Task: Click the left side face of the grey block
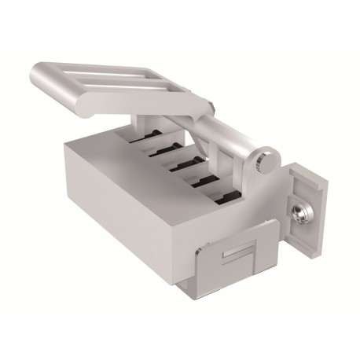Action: click(x=118, y=204)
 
